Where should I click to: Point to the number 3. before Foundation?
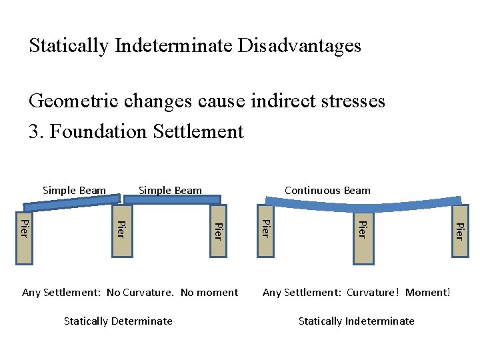pyautogui.click(x=36, y=131)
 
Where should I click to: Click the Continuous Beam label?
pyautogui.click(x=327, y=191)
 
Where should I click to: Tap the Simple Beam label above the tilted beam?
pyautogui.click(x=74, y=191)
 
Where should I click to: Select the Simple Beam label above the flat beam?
pyautogui.click(x=170, y=191)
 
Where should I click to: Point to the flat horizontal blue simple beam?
pyautogui.click(x=170, y=199)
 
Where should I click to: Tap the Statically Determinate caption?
pyautogui.click(x=118, y=321)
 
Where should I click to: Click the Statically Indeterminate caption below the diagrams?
pyautogui.click(x=356, y=321)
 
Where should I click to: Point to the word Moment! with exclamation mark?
pyautogui.click(x=427, y=292)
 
